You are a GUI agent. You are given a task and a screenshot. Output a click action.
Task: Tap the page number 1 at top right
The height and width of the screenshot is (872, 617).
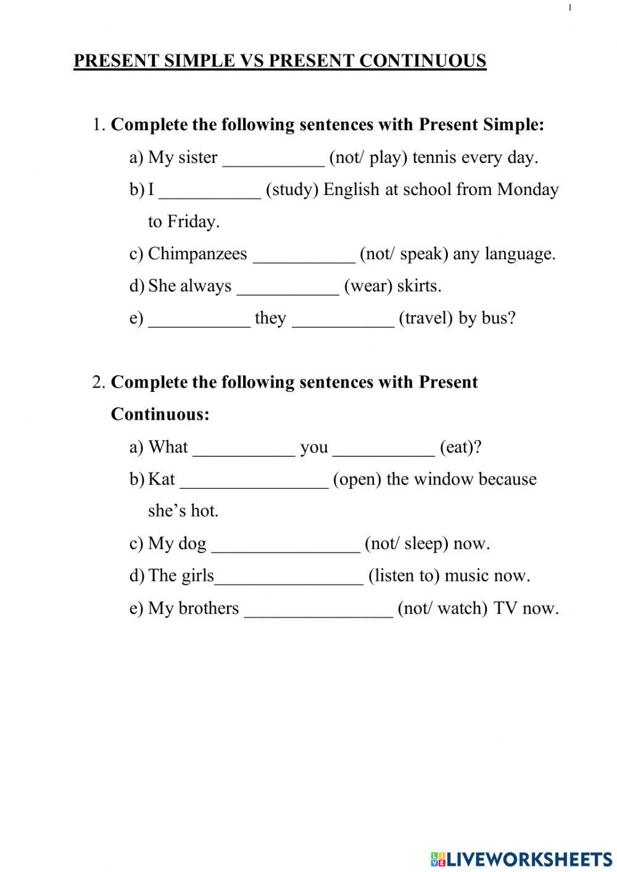click(x=569, y=7)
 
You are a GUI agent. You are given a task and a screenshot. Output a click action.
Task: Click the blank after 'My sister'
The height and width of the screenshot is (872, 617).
click(x=273, y=159)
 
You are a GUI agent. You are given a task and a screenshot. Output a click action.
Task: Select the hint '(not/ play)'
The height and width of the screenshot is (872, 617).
click(x=368, y=157)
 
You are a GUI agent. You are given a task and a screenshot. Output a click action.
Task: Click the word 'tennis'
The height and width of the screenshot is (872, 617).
click(x=434, y=157)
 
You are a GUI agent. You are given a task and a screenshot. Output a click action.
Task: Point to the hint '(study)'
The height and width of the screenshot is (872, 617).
click(x=292, y=189)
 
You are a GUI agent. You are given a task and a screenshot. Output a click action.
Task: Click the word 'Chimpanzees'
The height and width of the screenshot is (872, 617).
click(x=197, y=254)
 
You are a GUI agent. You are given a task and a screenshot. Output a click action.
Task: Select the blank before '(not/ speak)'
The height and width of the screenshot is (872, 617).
click(x=304, y=255)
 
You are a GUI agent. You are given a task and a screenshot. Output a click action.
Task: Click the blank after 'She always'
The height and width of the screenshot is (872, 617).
click(x=288, y=287)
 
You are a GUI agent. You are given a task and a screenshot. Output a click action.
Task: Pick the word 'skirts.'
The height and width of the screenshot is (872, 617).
click(x=419, y=286)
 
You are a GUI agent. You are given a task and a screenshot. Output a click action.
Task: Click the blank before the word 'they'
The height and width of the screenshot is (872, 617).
click(x=199, y=319)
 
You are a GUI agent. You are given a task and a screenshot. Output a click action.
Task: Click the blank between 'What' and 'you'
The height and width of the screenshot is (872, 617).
click(x=244, y=448)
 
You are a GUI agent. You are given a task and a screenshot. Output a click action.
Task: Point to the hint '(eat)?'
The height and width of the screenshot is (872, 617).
click(x=460, y=447)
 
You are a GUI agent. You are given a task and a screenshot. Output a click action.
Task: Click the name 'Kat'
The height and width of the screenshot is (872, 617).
click(x=162, y=479)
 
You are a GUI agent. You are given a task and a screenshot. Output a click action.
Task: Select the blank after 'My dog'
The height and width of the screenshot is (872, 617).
click(x=286, y=544)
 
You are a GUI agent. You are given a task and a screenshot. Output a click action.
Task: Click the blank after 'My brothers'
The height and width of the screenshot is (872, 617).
click(x=318, y=609)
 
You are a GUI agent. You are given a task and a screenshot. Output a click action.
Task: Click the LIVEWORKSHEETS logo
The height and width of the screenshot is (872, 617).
click(x=521, y=858)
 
